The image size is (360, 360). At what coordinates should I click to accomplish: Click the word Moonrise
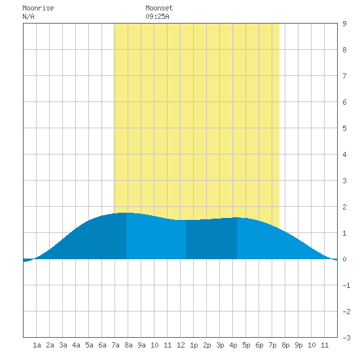coord(38,8)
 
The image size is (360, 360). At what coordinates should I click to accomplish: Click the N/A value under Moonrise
coord(28,16)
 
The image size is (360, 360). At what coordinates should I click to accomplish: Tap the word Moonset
coord(159,8)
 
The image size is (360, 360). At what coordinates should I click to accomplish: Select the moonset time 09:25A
coord(157,16)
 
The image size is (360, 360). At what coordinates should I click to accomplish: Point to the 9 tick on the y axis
coord(344,24)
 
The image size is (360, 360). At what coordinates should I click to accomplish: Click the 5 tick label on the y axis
coord(344,128)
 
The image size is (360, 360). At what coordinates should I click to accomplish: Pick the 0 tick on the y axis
coord(344,259)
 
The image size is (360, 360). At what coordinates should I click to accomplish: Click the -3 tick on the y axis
coord(346,338)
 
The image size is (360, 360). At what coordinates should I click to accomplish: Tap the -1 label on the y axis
coord(346,285)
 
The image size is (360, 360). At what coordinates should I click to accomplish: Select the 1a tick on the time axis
coord(37,345)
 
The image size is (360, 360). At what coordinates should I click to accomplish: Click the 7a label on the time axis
coord(115,345)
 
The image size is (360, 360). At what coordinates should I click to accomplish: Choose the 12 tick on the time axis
coord(181,345)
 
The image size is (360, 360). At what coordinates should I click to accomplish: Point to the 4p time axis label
coord(233,346)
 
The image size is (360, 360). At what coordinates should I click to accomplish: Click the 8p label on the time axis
coord(285,346)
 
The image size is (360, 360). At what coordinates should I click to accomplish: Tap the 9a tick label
coord(141,345)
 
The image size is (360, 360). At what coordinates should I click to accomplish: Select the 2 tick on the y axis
coord(344,207)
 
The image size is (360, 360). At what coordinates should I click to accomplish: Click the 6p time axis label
coord(259,346)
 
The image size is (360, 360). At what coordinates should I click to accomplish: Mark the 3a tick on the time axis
coord(63,345)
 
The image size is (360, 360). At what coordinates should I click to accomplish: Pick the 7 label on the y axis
coord(344,76)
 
